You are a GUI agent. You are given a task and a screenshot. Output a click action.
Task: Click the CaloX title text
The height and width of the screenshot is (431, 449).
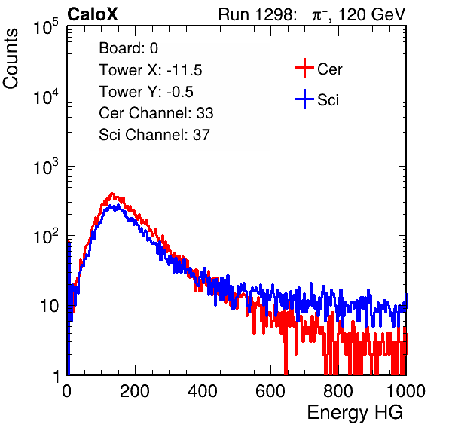point(92,14)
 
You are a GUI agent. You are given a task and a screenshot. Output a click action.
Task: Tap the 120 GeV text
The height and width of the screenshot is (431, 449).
point(371,14)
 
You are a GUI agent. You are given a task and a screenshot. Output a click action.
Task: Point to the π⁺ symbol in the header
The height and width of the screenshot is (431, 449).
point(319,15)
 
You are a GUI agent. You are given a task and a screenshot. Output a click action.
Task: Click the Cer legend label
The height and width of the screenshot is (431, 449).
point(329,69)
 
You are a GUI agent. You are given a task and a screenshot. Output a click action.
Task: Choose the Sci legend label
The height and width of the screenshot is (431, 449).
point(328,100)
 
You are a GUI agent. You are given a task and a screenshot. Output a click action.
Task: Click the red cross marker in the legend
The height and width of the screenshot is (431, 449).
point(304,68)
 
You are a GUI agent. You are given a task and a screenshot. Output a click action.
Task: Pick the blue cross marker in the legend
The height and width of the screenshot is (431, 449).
point(304,99)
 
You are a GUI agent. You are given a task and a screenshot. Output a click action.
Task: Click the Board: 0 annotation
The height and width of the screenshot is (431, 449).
point(128,48)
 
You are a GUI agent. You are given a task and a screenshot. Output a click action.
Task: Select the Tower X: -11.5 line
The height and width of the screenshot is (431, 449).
point(151,70)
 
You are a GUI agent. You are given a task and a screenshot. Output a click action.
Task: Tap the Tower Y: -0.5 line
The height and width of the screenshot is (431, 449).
point(146,92)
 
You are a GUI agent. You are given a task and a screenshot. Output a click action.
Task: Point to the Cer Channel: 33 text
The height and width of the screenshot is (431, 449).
point(156,113)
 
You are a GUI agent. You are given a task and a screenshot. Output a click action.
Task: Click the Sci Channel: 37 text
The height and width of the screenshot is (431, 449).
point(154,135)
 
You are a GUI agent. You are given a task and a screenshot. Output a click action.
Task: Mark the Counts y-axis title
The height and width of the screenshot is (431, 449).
point(11,59)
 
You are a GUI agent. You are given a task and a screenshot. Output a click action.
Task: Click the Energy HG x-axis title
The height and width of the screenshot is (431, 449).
point(355,413)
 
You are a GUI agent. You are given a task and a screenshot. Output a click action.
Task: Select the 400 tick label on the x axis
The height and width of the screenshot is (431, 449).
point(203,391)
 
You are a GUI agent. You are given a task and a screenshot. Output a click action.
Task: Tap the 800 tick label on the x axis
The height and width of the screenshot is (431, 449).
point(338,391)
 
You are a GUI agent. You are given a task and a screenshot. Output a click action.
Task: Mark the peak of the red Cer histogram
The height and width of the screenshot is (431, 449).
point(112,194)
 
